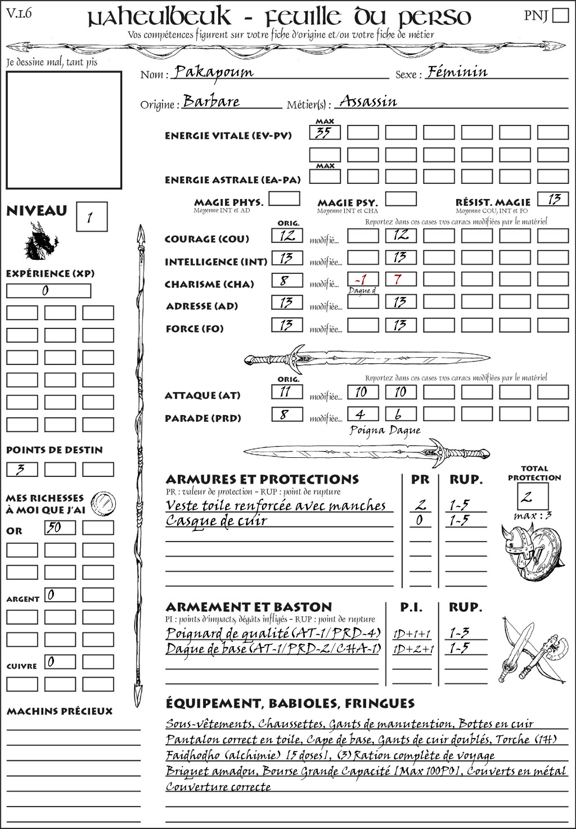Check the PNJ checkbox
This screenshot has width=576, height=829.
click(560, 15)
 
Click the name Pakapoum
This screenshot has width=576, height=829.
click(213, 72)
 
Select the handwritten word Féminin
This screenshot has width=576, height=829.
click(457, 72)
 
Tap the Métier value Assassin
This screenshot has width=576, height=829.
click(368, 102)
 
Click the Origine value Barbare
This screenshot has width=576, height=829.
click(211, 102)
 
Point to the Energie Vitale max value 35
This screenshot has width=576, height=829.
click(325, 133)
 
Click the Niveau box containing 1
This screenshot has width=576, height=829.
click(91, 217)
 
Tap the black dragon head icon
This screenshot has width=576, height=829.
click(40, 241)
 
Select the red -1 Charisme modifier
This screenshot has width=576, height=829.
click(361, 280)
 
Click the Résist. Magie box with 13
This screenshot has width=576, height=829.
click(553, 199)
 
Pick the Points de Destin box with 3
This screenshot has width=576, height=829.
click(22, 469)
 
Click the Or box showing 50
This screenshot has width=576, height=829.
click(60, 528)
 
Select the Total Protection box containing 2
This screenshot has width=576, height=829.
click(533, 496)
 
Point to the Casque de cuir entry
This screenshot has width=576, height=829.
click(217, 521)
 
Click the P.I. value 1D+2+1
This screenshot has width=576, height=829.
click(413, 649)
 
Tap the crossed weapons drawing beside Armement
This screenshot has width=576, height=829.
click(532, 650)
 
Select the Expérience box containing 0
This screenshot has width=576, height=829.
click(48, 291)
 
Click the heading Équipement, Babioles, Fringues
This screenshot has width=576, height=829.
click(290, 704)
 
